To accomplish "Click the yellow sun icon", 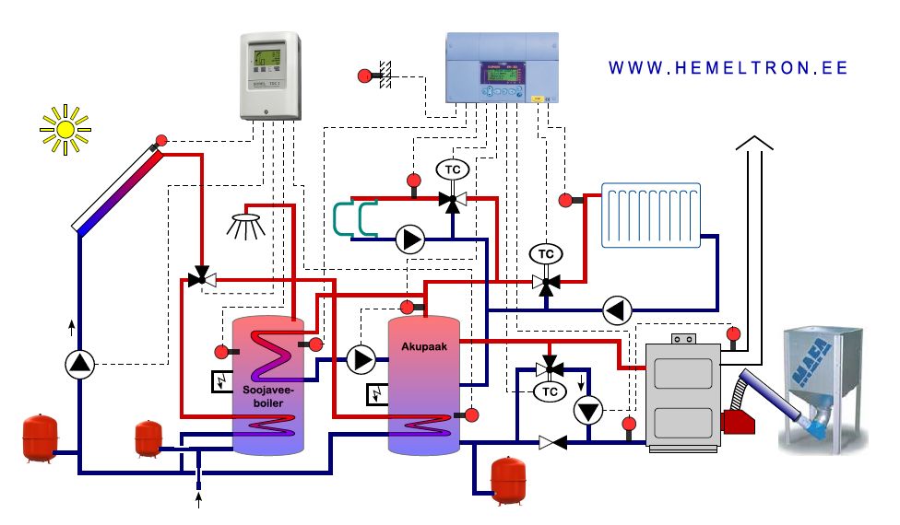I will [x=65, y=129].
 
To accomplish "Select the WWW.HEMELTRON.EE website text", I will [x=728, y=68].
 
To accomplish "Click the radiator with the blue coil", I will [x=653, y=216].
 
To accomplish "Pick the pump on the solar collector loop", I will [x=80, y=364].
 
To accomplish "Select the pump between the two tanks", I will [x=361, y=359].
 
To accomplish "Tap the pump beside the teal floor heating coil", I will [x=410, y=240].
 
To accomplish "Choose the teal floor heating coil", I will [x=351, y=218].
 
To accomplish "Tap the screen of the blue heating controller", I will [x=497, y=73].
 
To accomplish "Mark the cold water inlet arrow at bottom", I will [x=199, y=500].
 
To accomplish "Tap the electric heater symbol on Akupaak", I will [x=378, y=394].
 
